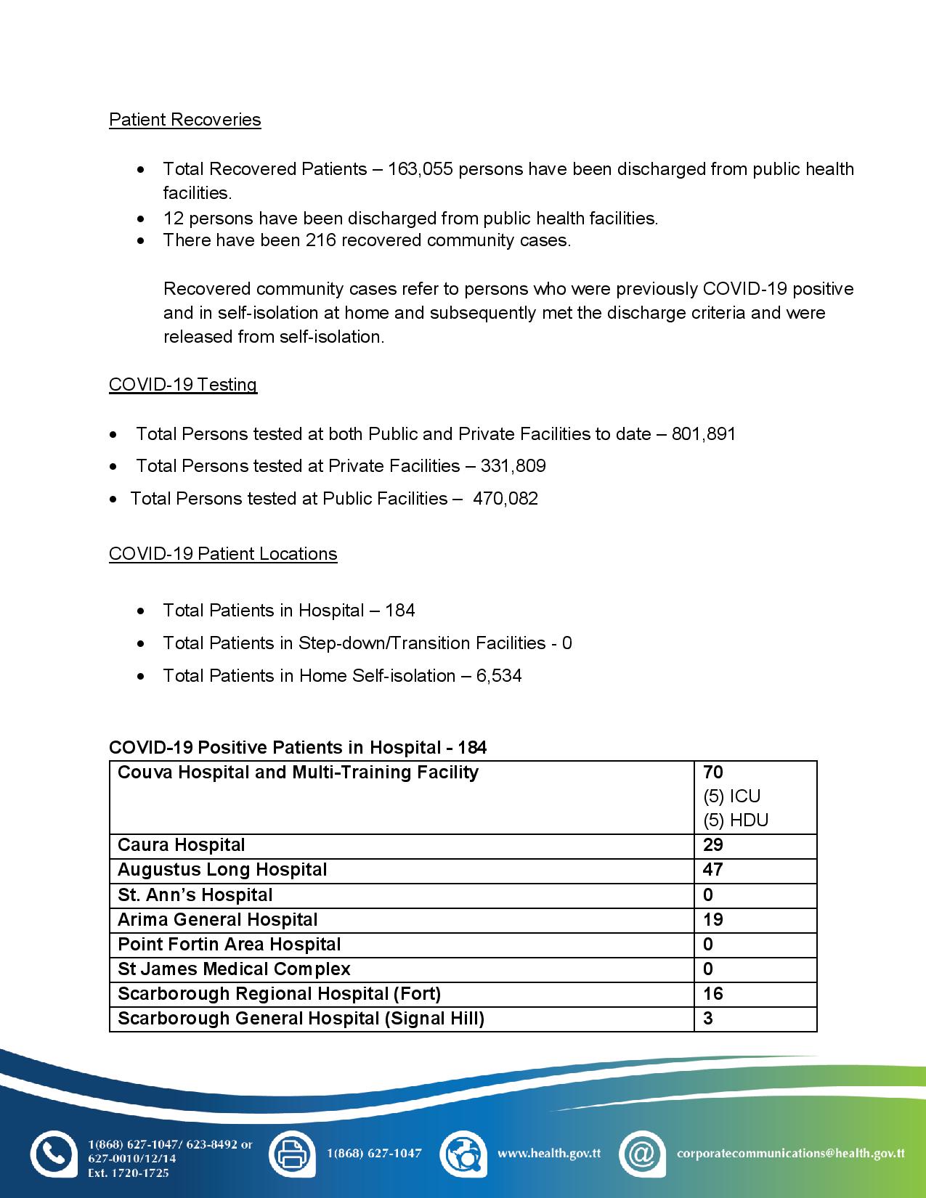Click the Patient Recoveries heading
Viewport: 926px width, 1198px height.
[184, 120]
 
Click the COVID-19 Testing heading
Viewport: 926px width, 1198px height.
[183, 385]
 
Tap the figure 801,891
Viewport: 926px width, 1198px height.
[704, 434]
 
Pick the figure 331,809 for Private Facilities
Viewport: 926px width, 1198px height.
[513, 466]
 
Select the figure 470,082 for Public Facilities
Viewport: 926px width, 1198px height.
[505, 499]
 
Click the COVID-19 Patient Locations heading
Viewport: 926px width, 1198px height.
[223, 554]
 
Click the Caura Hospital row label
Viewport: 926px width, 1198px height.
[182, 845]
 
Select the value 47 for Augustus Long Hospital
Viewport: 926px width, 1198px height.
[713, 870]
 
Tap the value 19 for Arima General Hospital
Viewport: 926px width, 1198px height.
[713, 920]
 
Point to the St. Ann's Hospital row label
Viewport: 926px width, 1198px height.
[195, 895]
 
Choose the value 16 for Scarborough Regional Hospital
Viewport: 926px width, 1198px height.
[713, 994]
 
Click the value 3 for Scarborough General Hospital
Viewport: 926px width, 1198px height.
[708, 1019]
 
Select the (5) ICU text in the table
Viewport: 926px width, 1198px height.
[732, 796]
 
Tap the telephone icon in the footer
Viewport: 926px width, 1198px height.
[53, 1154]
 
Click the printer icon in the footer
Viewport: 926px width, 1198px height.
[292, 1154]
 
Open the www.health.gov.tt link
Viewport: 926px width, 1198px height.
[549, 1153]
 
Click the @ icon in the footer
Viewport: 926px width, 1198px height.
[642, 1154]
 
